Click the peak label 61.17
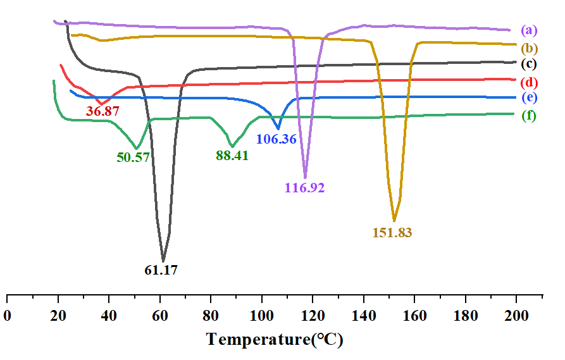[x=161, y=270]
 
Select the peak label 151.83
[x=392, y=232]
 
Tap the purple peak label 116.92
[x=304, y=188]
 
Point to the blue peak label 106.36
[x=276, y=139]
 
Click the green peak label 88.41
[x=232, y=155]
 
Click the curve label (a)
[x=529, y=30]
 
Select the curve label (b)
[x=529, y=48]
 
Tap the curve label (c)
[x=529, y=63]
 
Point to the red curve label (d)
[x=529, y=82]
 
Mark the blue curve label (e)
[x=529, y=97]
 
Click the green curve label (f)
[x=529, y=116]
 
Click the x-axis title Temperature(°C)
[x=275, y=340]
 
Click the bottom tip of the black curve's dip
[x=163, y=261]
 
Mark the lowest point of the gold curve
[x=394, y=221]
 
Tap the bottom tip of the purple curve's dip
[x=305, y=178]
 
